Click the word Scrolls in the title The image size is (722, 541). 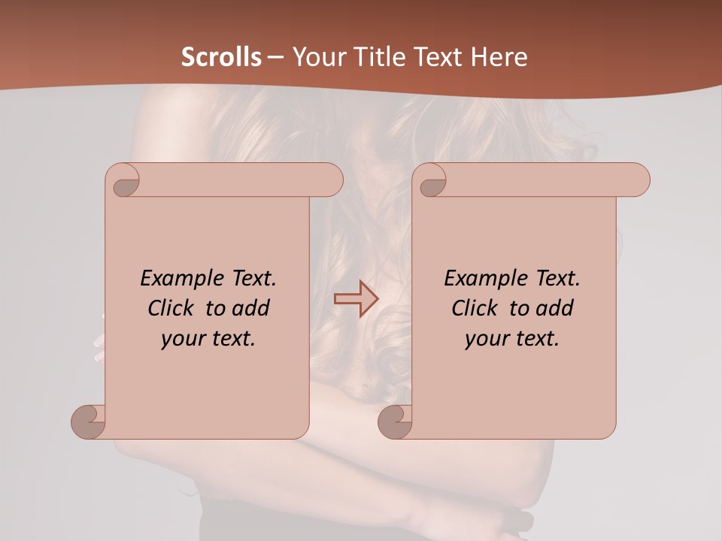click(221, 57)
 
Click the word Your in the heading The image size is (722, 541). click(316, 57)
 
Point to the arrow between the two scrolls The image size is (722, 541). click(356, 298)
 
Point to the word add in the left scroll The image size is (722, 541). click(250, 309)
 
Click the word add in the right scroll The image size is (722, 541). click(554, 309)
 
